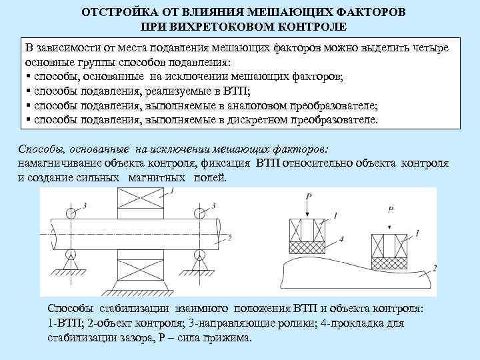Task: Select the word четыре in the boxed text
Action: pyautogui.click(x=430, y=49)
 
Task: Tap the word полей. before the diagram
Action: pyautogui.click(x=211, y=178)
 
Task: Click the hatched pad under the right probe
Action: pyautogui.click(x=389, y=263)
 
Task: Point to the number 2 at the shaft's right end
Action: pyautogui.click(x=229, y=237)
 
